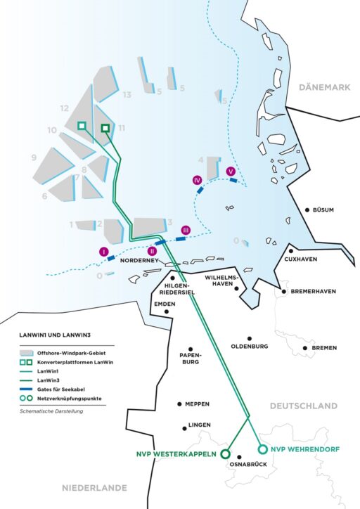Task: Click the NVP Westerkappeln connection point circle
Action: (226, 454)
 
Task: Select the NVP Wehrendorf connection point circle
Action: (263, 449)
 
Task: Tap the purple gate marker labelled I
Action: (103, 251)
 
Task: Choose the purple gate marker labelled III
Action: (186, 230)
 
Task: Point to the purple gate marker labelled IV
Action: (197, 180)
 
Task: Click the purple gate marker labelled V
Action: (231, 170)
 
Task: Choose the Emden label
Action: (164, 304)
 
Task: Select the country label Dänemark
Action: (324, 87)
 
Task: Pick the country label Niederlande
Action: (94, 487)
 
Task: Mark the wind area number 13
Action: (127, 94)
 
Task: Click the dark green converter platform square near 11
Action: (105, 128)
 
